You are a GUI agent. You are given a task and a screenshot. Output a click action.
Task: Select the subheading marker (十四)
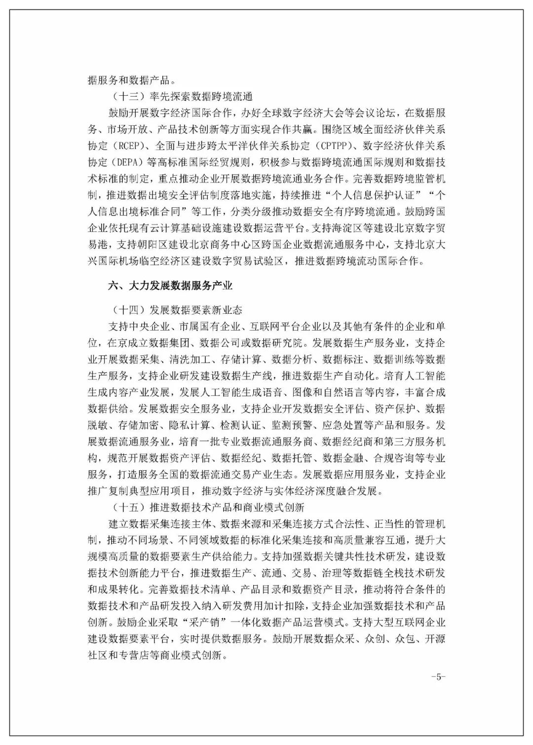tap(125, 310)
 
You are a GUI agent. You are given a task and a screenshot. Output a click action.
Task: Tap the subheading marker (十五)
tap(125, 507)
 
